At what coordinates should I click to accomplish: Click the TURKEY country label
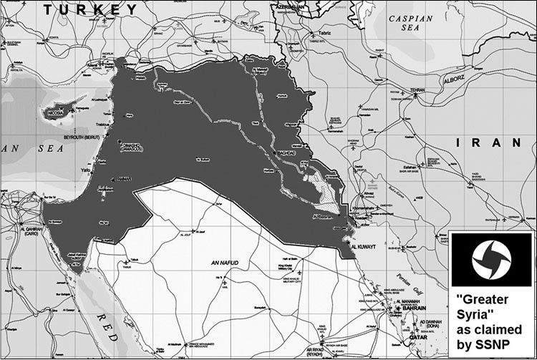tap(89, 9)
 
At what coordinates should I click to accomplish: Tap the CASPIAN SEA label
tap(416, 26)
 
